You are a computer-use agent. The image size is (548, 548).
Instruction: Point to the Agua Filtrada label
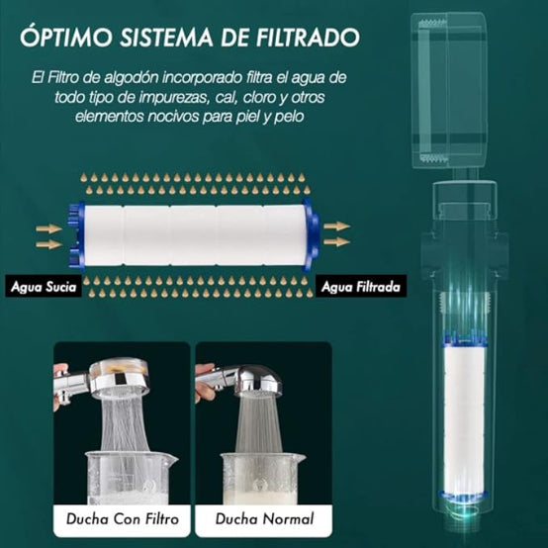[x=359, y=287]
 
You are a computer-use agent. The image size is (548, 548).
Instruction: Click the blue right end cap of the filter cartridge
[x=311, y=234]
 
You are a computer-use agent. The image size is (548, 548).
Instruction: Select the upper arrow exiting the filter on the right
[x=336, y=227]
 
